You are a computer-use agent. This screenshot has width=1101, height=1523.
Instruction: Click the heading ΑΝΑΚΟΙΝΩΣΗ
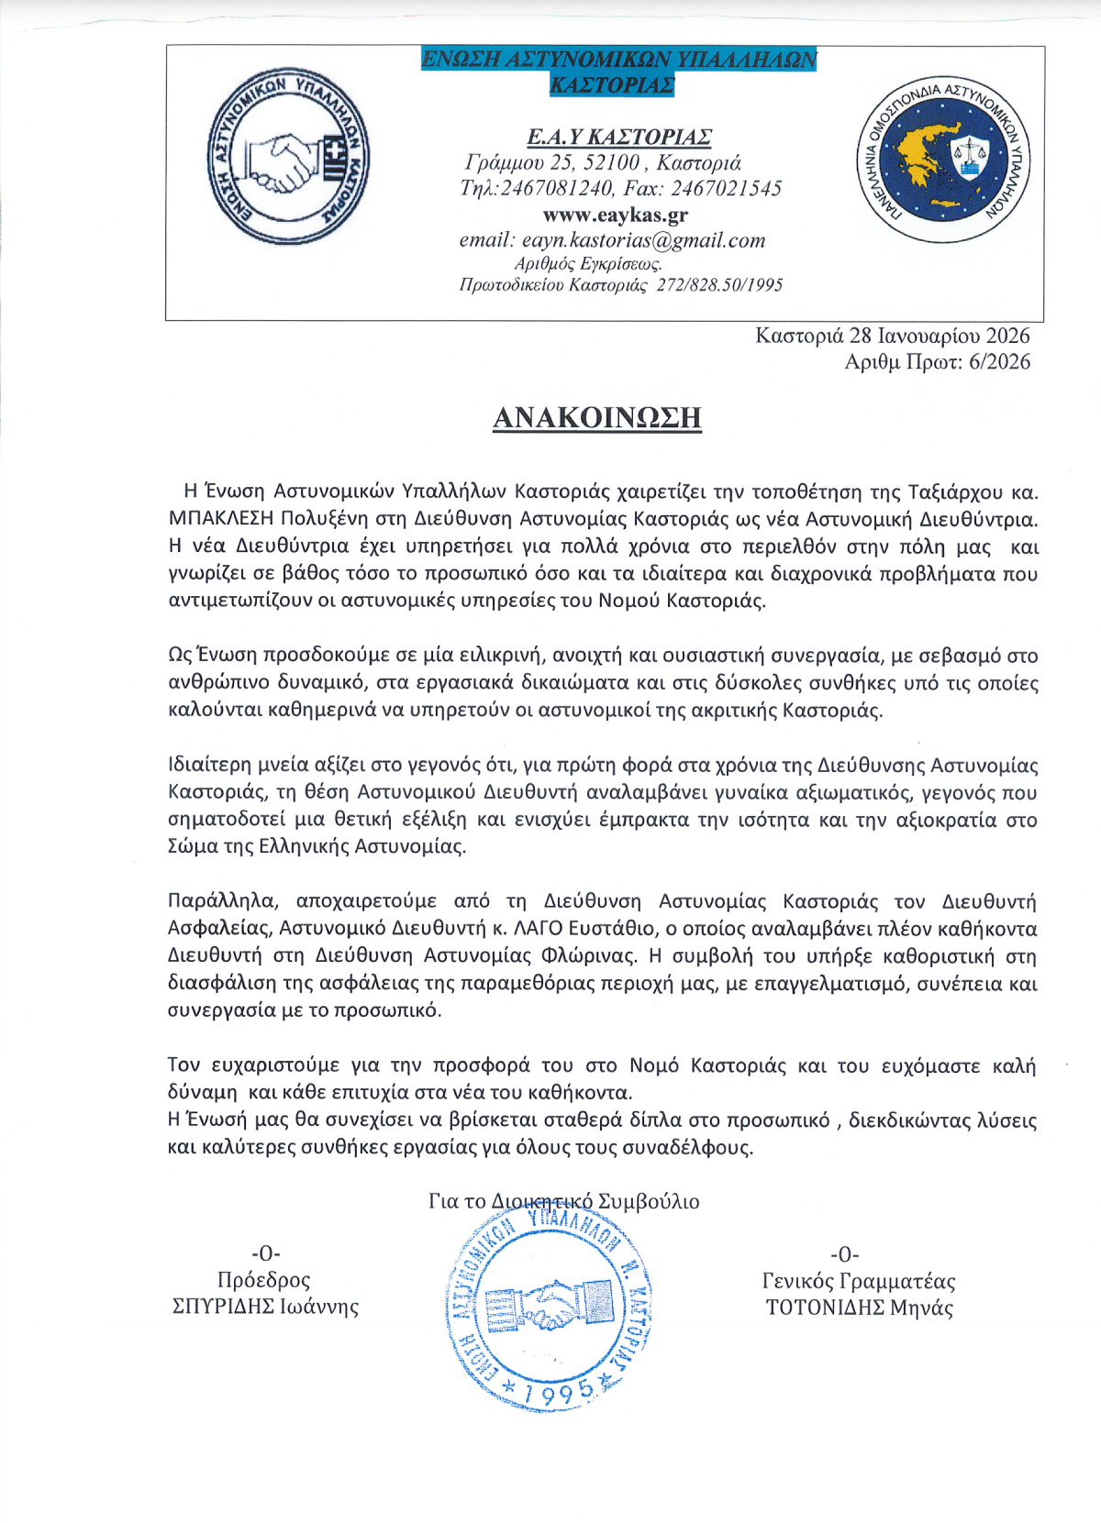click(597, 418)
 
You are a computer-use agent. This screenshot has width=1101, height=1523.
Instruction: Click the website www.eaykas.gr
click(615, 215)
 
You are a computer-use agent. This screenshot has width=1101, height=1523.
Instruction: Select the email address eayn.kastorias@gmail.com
click(643, 241)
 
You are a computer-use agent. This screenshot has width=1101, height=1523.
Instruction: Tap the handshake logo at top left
click(288, 156)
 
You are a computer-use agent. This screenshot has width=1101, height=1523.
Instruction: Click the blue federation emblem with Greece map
click(944, 156)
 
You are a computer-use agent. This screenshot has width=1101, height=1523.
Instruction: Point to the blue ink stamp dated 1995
click(549, 1311)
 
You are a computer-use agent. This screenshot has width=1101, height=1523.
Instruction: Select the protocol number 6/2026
click(999, 362)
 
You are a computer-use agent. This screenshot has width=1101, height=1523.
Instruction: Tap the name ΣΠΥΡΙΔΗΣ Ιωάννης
click(265, 1307)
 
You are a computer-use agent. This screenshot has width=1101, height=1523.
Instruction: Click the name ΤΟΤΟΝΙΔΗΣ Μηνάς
click(860, 1308)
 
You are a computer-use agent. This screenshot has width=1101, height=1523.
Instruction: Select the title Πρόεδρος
click(264, 1280)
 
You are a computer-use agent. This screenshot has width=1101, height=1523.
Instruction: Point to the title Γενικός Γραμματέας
click(859, 1281)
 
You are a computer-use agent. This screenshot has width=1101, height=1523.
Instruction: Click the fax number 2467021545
click(726, 189)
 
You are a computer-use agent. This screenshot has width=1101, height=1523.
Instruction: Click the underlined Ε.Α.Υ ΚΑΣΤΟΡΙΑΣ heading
click(619, 138)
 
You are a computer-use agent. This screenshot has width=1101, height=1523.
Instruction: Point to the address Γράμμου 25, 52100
click(552, 163)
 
